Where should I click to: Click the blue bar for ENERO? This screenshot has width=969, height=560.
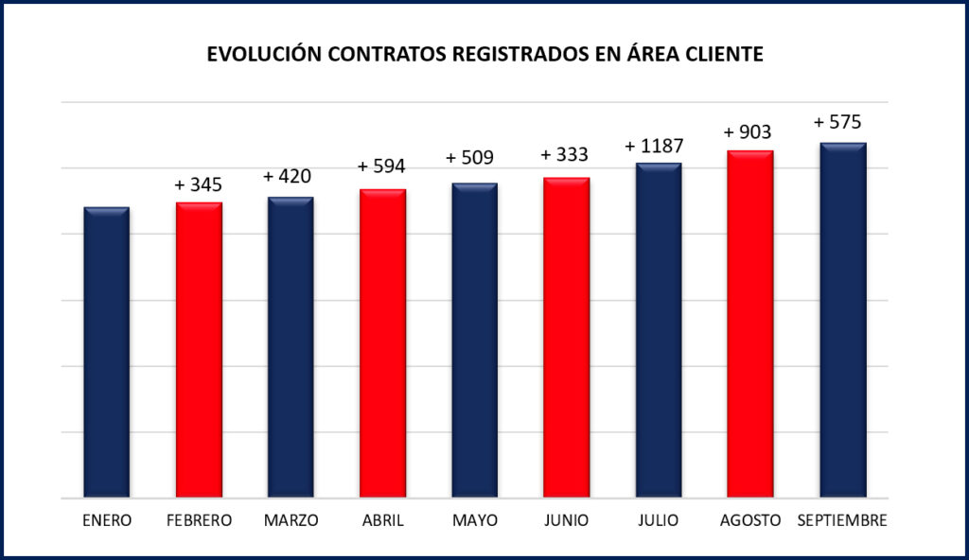pyautogui.click(x=106, y=352)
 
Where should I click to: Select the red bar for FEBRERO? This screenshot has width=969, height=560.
pyautogui.click(x=199, y=350)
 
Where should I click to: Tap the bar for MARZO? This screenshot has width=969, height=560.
pyautogui.click(x=291, y=347)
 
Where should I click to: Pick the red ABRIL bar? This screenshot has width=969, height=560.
pyautogui.click(x=382, y=343)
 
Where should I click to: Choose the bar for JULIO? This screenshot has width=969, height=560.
pyautogui.click(x=659, y=330)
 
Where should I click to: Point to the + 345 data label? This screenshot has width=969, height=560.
pyautogui.click(x=199, y=185)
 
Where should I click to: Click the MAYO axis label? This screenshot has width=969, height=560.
pyautogui.click(x=474, y=520)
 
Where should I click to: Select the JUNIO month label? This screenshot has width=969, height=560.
pyautogui.click(x=567, y=520)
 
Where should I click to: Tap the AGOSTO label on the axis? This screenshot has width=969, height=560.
pyautogui.click(x=750, y=520)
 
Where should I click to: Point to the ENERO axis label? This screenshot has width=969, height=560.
pyautogui.click(x=106, y=520)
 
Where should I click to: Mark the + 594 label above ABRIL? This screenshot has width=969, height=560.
pyautogui.click(x=382, y=167)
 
